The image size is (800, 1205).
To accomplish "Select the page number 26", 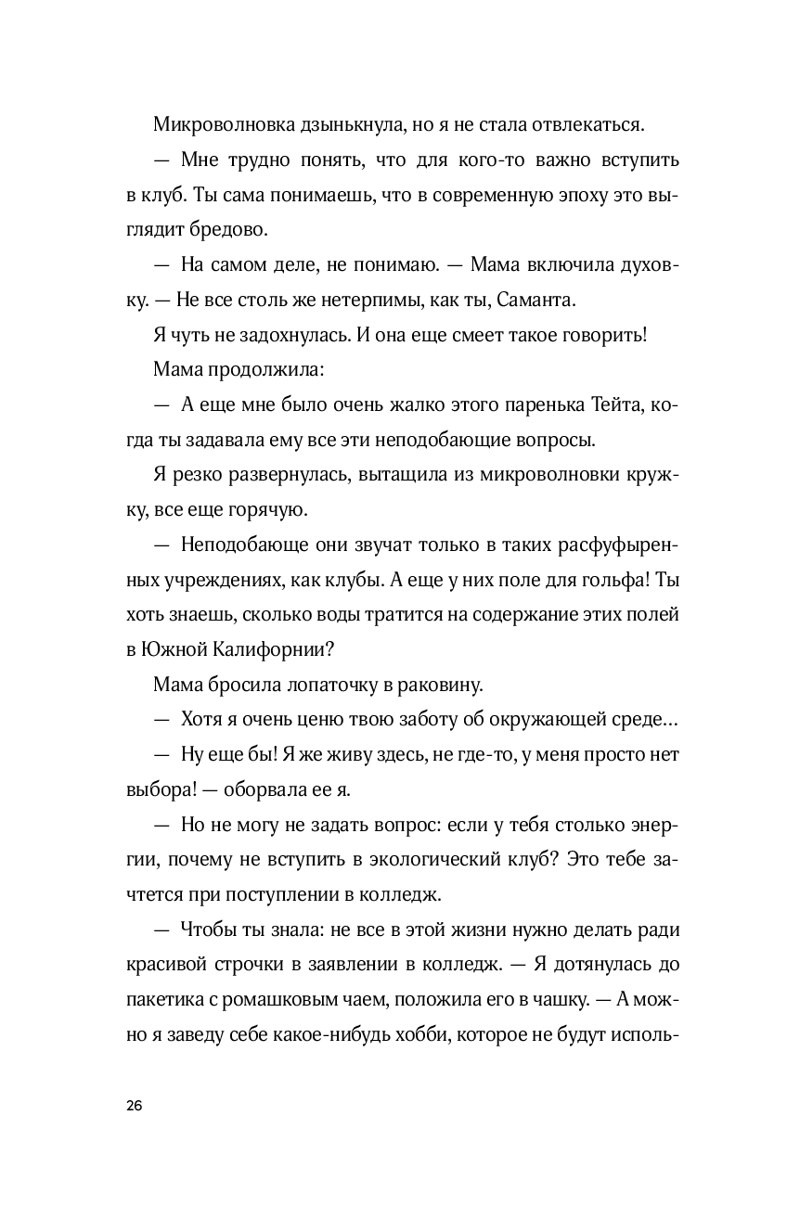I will pos(134,1106).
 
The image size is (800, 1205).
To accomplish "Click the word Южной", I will pos(174,650).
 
